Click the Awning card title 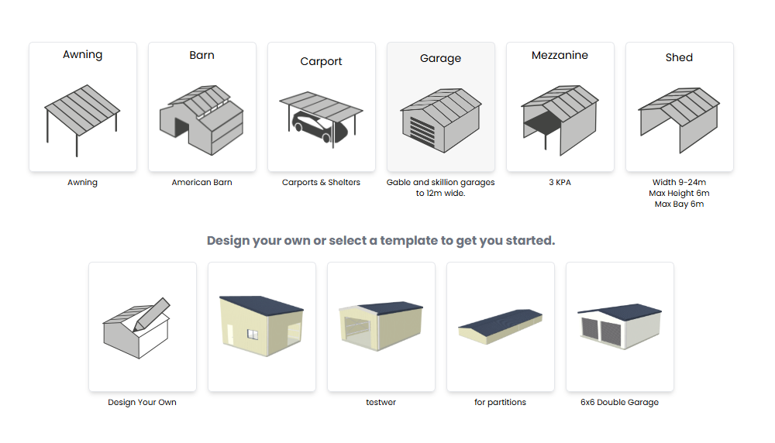pos(83,55)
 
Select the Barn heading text pos(201,55)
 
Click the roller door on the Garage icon pos(422,132)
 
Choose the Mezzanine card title pos(560,55)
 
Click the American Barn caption pos(201,182)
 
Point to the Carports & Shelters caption pos(322,182)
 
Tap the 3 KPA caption pos(560,182)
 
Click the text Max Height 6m pos(679,193)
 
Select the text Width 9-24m pos(679,182)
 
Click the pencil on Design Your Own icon pos(151,314)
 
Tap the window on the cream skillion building pos(252,335)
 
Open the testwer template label pos(381,402)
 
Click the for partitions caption pos(500,402)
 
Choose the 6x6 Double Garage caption pos(619,402)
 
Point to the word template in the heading pos(408,241)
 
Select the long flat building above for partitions pos(500,327)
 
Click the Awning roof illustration pos(82,110)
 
